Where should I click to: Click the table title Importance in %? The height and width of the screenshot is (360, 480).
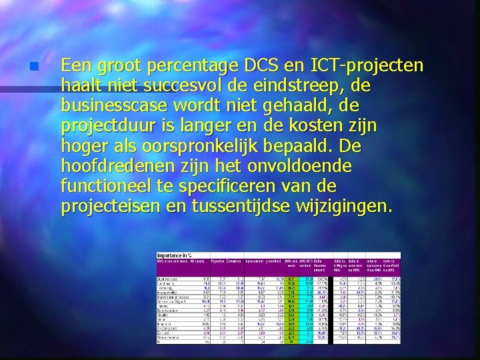175,255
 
